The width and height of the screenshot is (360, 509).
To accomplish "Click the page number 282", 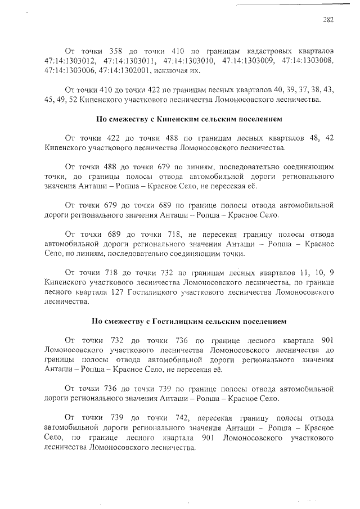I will click(x=328, y=20).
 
